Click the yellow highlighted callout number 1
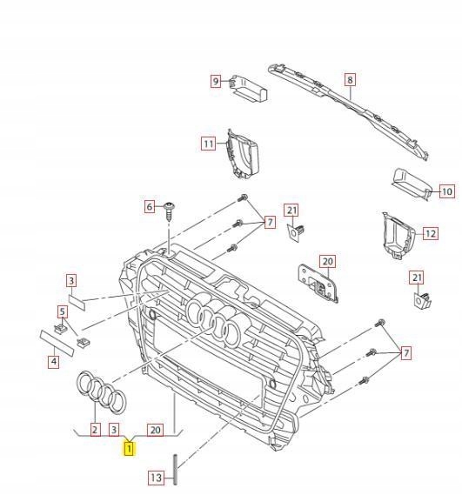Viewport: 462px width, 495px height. tap(129, 449)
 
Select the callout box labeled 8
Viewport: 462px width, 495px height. tap(349, 80)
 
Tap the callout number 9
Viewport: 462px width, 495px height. tap(215, 81)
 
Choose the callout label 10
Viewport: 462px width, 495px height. tap(446, 191)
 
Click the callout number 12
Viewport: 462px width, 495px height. tap(430, 233)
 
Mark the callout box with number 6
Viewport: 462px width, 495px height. tap(150, 206)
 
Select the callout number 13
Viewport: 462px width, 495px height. tap(155, 478)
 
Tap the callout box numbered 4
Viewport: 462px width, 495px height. tap(53, 361)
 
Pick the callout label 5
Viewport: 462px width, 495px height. tap(63, 311)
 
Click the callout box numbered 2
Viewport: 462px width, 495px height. tap(94, 429)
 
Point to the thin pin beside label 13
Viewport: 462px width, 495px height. tap(175, 470)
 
